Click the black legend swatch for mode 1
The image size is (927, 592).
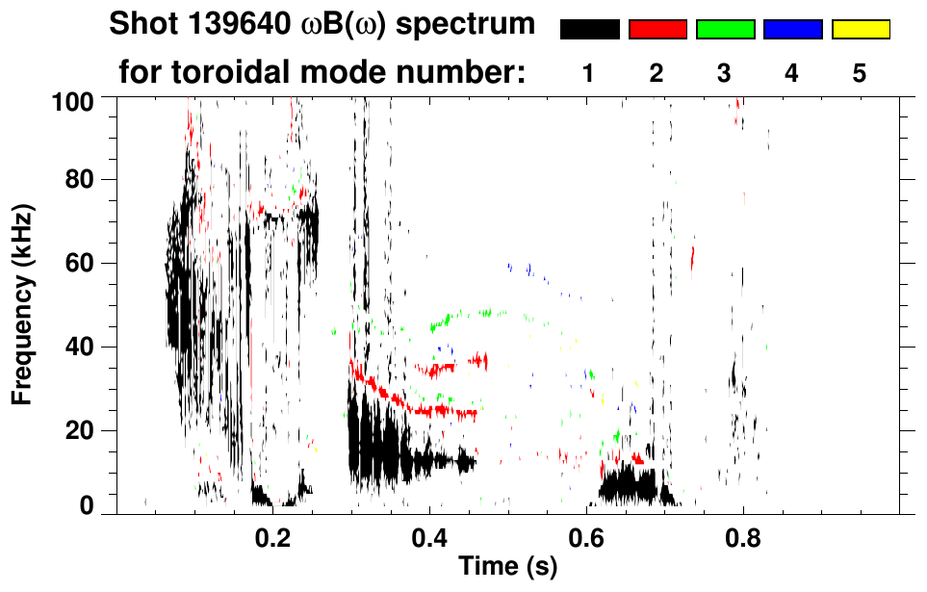pyautogui.click(x=589, y=30)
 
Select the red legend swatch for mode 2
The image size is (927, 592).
pyautogui.click(x=657, y=30)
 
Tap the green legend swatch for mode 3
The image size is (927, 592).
pyautogui.click(x=725, y=30)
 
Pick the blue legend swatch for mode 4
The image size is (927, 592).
pyautogui.click(x=792, y=30)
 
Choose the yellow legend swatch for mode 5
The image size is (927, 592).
pyautogui.click(x=861, y=30)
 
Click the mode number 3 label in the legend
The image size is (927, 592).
pyautogui.click(x=724, y=73)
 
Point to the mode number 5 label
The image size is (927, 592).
pyautogui.click(x=860, y=73)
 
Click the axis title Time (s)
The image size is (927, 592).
pyautogui.click(x=507, y=568)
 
